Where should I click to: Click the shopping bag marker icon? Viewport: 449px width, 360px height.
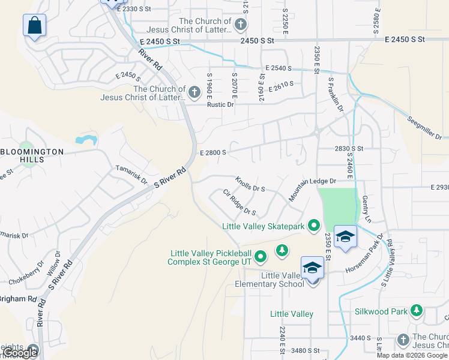[x=35, y=26]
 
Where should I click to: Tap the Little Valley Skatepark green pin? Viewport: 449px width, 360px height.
[x=313, y=226]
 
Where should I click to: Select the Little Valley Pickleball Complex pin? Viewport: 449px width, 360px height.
[x=260, y=257]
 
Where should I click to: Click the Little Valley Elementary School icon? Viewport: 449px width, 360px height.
[x=312, y=268]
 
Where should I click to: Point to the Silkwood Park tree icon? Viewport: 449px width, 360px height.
[x=416, y=310]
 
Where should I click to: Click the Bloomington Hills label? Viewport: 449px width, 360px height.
[x=32, y=156]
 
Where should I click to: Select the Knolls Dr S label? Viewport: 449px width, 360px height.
[x=250, y=184]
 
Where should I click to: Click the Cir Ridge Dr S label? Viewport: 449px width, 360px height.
[x=240, y=202]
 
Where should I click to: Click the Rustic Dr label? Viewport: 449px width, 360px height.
[x=220, y=104]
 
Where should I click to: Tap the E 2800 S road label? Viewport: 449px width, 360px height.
[x=212, y=152]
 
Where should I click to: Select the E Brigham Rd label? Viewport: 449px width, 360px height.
[x=18, y=298]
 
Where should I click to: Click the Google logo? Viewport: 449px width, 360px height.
[x=20, y=353]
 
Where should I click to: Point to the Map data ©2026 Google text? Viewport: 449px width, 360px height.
[x=412, y=355]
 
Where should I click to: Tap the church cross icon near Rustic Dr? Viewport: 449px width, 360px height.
[x=194, y=92]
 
